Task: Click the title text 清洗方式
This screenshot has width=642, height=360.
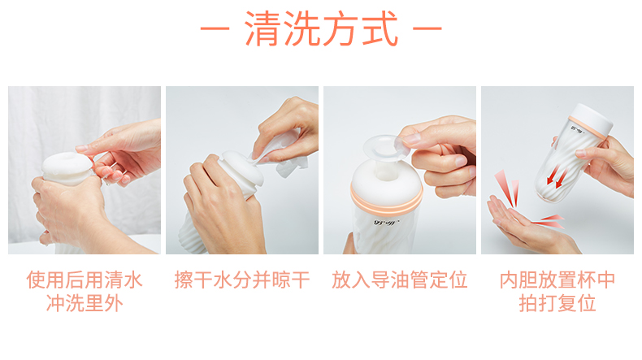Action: (x=321, y=31)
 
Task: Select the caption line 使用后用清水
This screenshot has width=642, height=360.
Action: (x=84, y=281)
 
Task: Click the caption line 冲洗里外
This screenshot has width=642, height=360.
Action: (x=84, y=305)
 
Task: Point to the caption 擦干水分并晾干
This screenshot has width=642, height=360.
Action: (x=242, y=281)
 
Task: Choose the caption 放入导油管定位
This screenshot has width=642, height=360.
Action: (x=400, y=281)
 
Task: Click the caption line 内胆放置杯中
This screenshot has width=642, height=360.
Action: (x=557, y=281)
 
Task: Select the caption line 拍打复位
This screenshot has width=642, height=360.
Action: (x=557, y=305)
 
